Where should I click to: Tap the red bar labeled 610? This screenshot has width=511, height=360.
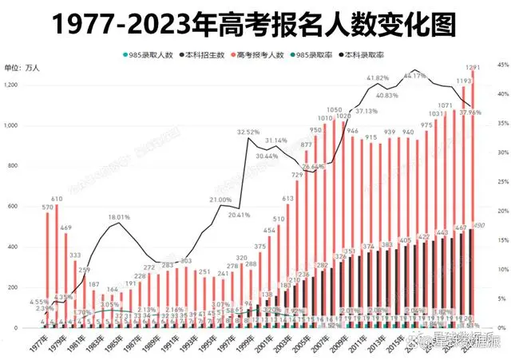tap(57, 263)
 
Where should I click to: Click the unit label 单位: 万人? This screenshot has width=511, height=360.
tap(22, 68)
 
